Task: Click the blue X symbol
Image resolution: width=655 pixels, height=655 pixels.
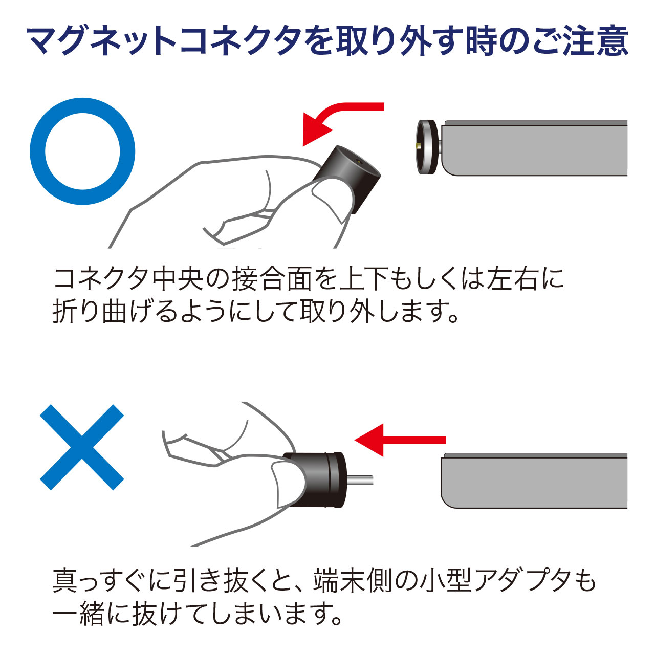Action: click(82, 447)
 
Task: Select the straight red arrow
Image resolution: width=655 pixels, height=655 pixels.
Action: click(400, 440)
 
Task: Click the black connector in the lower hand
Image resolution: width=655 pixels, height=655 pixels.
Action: click(314, 480)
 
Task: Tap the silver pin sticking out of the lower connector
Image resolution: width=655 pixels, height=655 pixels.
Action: click(360, 480)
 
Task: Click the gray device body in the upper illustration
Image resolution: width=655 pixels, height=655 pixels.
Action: click(534, 148)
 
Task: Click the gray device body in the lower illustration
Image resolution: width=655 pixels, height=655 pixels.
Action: click(534, 481)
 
